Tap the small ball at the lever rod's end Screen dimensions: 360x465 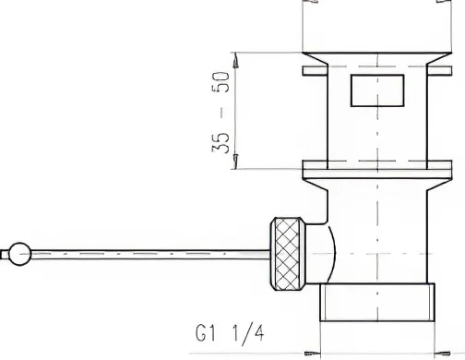click(x=17, y=250)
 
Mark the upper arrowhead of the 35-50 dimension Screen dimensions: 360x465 click(x=237, y=57)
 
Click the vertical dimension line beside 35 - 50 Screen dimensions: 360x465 click(x=237, y=111)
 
